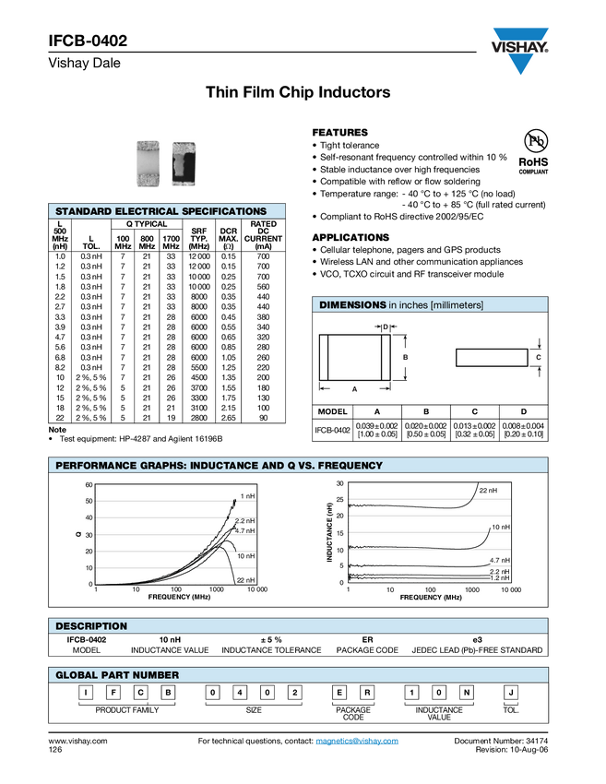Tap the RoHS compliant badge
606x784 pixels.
(x=533, y=151)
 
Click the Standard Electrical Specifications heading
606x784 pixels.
(x=160, y=212)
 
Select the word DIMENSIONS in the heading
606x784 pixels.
(x=352, y=305)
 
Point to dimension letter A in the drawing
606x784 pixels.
(x=354, y=390)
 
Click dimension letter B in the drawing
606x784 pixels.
(x=405, y=357)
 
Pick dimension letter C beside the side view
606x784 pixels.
(x=538, y=356)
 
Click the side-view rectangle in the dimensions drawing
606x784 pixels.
(x=490, y=357)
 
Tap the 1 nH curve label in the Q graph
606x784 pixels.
(x=247, y=497)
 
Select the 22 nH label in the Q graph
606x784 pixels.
(x=245, y=580)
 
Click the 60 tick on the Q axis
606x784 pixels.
(x=89, y=485)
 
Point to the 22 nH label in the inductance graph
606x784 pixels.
(x=488, y=491)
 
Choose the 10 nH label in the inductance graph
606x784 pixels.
(x=500, y=527)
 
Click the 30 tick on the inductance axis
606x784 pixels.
(x=339, y=483)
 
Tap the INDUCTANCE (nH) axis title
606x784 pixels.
(x=329, y=533)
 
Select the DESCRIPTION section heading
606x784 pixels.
(x=91, y=626)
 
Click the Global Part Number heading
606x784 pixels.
(x=117, y=675)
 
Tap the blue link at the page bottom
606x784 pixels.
(x=358, y=742)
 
